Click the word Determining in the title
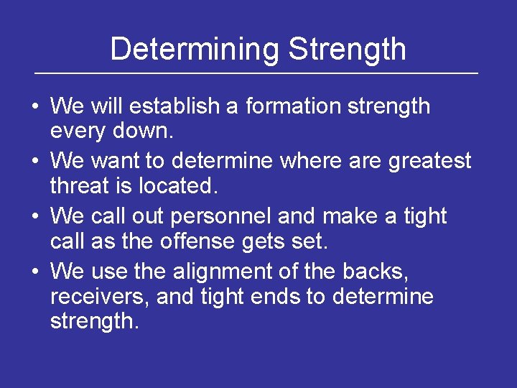click(x=195, y=49)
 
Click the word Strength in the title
click(x=347, y=49)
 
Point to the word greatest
click(x=429, y=161)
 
